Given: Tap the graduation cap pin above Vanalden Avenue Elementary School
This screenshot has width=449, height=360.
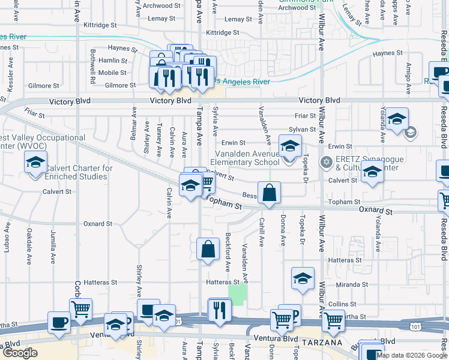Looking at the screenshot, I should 290,146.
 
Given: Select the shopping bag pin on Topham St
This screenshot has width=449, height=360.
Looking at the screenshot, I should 270,193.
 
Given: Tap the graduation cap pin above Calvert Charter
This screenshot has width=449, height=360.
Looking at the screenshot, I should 35,163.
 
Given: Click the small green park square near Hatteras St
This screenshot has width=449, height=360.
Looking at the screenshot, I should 238,294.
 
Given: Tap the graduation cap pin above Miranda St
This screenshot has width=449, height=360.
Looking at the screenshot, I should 303,278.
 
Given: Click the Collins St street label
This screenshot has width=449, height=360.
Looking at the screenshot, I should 342,304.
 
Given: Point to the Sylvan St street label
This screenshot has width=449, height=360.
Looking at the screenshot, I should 302,130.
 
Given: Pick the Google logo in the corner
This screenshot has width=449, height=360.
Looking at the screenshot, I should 20,353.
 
